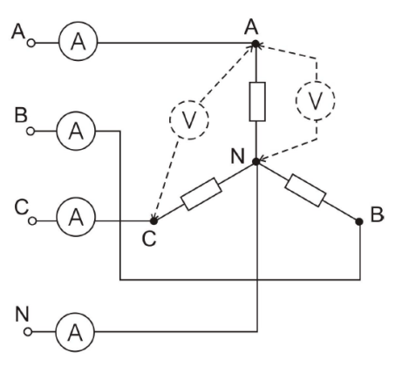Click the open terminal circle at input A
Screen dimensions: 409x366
31,44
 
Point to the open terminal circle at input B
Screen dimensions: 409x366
31,132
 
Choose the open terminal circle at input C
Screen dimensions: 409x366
32,221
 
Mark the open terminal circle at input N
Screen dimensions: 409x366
28,332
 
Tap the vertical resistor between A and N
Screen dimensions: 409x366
257,102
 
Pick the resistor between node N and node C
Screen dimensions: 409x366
201,193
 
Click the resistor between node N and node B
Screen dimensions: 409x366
305,191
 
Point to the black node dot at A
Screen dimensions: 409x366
256,44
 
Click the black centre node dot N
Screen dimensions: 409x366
256,161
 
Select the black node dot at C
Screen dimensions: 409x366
153,221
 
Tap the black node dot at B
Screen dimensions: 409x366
359,221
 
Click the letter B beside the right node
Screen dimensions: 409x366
377,214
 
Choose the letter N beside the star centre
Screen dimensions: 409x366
237,156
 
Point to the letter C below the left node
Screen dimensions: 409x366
149,239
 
